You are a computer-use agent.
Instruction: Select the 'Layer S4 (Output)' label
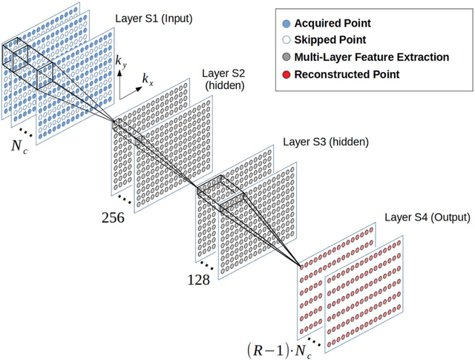pyautogui.click(x=427, y=217)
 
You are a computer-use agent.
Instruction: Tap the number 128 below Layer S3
pyautogui.click(x=198, y=281)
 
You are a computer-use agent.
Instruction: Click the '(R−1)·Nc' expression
pyautogui.click(x=281, y=349)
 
